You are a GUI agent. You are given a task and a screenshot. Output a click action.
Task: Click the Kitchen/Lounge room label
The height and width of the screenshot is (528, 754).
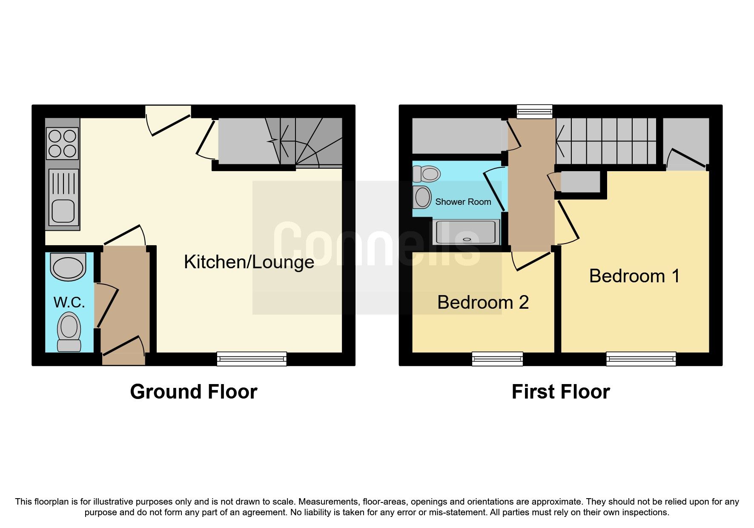click(x=249, y=262)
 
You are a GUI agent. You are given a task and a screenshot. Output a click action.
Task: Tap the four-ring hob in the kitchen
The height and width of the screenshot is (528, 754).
click(x=62, y=143)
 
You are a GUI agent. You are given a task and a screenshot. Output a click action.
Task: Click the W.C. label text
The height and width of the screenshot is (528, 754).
click(x=69, y=302)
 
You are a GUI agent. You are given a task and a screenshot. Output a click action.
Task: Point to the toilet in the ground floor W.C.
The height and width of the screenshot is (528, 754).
click(x=69, y=331)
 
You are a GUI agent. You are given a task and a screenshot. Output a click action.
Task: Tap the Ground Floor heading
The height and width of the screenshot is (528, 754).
click(x=193, y=392)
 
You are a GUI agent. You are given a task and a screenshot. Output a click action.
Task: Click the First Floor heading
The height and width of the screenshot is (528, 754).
click(x=560, y=392)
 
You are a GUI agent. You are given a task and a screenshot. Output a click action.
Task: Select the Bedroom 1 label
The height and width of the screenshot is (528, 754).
click(x=634, y=276)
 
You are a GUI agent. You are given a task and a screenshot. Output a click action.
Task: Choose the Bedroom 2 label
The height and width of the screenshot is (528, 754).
click(x=483, y=302)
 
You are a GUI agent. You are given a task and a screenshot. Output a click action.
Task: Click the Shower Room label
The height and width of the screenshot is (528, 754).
click(x=463, y=202)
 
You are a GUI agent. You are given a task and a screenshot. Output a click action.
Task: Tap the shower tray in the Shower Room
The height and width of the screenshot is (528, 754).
click(x=466, y=232)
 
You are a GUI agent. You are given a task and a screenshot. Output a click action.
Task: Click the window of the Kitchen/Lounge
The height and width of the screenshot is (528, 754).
click(x=252, y=359)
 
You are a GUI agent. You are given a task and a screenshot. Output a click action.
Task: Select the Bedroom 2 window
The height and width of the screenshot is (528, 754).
click(x=497, y=359)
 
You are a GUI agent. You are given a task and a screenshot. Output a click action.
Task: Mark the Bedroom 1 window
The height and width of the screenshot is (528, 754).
click(x=641, y=359)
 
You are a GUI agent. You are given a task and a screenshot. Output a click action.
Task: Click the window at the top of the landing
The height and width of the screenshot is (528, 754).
click(x=534, y=112)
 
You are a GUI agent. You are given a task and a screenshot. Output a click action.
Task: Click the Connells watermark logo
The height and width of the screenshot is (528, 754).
click(x=377, y=245)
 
